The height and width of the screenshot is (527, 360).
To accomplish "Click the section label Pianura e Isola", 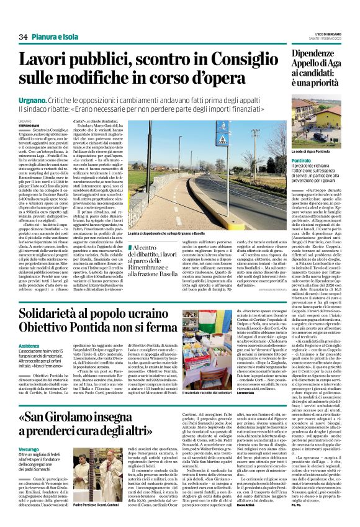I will point(53,37).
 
